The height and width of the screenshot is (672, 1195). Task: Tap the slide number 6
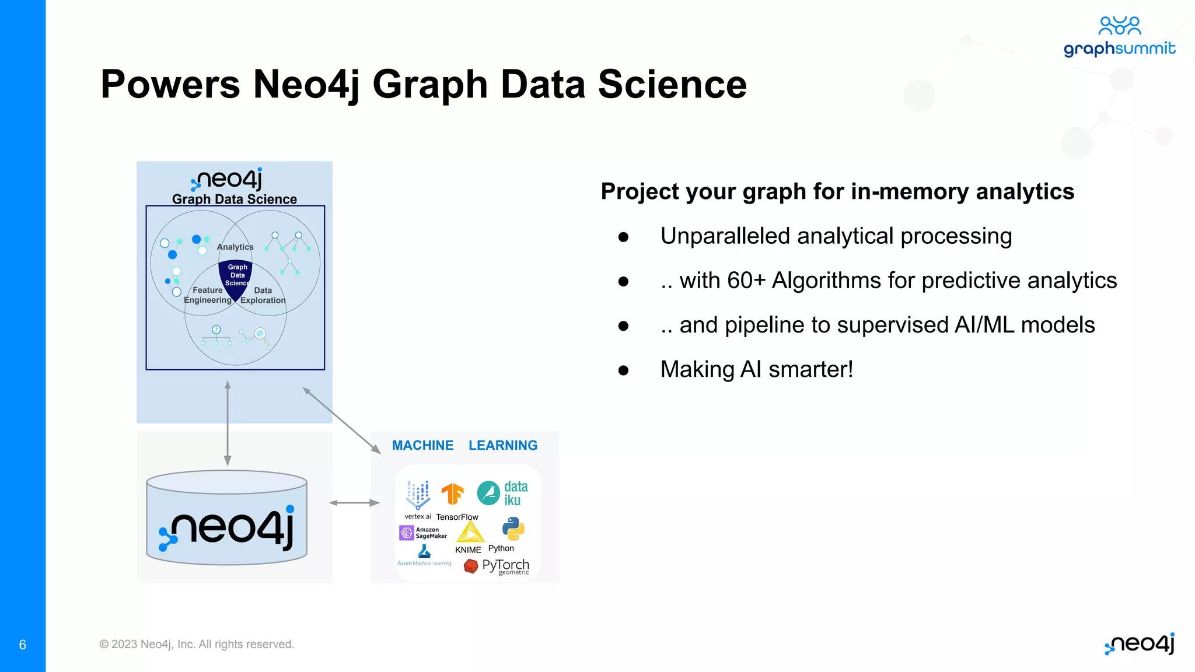pyautogui.click(x=23, y=645)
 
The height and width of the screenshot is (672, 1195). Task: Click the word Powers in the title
pyautogui.click(x=170, y=85)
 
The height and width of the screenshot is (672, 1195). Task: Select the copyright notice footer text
pyautogui.click(x=197, y=644)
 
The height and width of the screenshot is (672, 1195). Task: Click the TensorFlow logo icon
pyautogui.click(x=452, y=494)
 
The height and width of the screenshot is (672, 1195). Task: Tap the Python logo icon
pyautogui.click(x=513, y=528)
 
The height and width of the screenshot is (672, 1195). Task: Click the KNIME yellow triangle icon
pyautogui.click(x=470, y=532)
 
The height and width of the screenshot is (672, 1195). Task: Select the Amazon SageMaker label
pyautogui.click(x=431, y=533)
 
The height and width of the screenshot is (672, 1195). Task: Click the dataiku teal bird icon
pyautogui.click(x=488, y=493)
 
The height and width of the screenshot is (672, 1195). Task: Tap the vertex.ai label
pyautogui.click(x=418, y=516)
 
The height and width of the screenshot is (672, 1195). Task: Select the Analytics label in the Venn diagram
pyautogui.click(x=235, y=247)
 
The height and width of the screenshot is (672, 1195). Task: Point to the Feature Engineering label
pyautogui.click(x=208, y=295)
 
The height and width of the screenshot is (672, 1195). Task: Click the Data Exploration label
pyautogui.click(x=263, y=295)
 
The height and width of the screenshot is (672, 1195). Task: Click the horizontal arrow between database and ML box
pyautogui.click(x=354, y=503)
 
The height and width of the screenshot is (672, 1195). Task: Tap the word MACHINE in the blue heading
pyautogui.click(x=422, y=445)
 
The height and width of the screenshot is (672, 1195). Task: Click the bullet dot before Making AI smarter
pyautogui.click(x=623, y=370)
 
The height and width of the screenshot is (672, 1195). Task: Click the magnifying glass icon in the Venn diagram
pyautogui.click(x=261, y=334)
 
